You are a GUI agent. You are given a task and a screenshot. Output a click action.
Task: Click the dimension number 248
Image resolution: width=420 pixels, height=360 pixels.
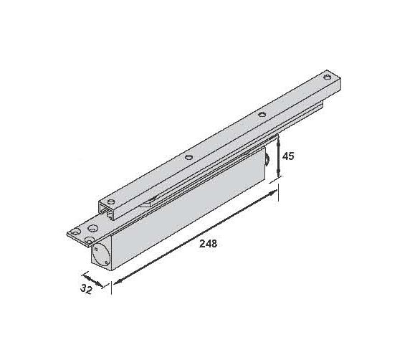tap(207, 243)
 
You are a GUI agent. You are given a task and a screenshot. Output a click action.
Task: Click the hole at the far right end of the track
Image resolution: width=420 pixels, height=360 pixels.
tap(328, 77)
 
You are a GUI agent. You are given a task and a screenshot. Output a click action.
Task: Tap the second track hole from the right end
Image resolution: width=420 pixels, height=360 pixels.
tap(262, 114)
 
